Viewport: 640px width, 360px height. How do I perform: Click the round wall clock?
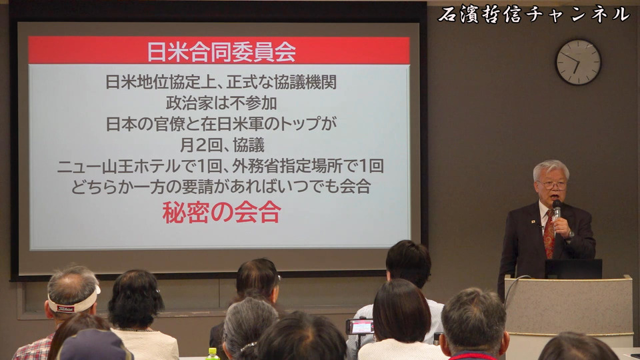tap(579, 62)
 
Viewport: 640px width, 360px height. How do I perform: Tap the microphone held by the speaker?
tap(557, 208)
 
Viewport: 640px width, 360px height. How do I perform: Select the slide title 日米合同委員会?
tap(221, 51)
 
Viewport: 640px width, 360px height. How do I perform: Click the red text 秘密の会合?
tap(221, 212)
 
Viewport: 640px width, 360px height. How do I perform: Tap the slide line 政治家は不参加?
tap(221, 103)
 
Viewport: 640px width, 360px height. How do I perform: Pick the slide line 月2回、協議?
tap(222, 145)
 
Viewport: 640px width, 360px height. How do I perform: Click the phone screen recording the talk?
tap(361, 327)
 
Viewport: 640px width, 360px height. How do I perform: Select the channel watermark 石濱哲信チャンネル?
tap(534, 15)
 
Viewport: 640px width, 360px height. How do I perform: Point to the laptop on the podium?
tap(573, 269)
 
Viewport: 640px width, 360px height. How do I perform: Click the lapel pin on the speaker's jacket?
tap(533, 222)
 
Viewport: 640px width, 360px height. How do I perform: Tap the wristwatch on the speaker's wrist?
tap(570, 234)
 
